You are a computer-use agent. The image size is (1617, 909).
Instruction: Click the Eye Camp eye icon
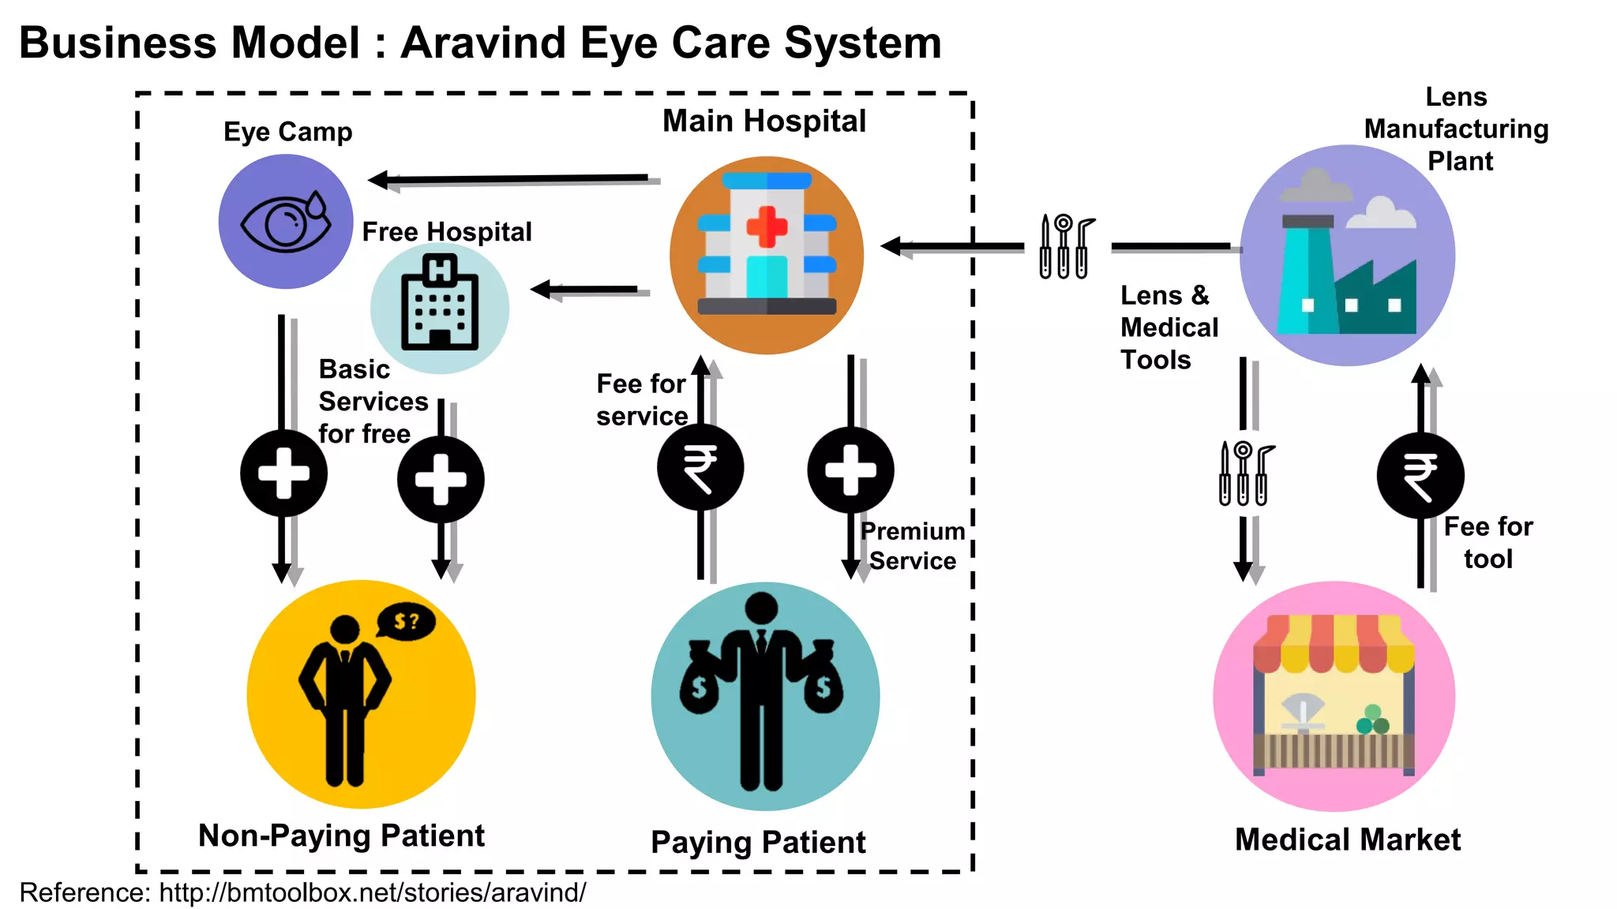click(x=286, y=222)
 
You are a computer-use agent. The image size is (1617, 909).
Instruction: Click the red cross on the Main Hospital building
click(x=767, y=227)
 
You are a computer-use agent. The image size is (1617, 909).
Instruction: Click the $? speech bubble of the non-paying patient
click(x=406, y=622)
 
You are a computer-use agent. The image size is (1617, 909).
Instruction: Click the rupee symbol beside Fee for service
click(x=700, y=468)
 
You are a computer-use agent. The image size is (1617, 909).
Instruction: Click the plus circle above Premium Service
click(x=850, y=470)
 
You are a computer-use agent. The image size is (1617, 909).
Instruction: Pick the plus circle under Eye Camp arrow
click(x=283, y=473)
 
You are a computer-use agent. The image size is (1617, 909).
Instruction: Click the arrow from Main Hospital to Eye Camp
click(x=513, y=180)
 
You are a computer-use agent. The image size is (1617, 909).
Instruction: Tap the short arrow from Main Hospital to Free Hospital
click(x=588, y=290)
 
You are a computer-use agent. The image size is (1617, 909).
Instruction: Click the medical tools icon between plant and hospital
click(x=1066, y=246)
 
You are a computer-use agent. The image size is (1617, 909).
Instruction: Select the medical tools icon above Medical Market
click(x=1245, y=473)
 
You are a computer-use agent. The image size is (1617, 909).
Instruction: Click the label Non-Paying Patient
click(x=341, y=836)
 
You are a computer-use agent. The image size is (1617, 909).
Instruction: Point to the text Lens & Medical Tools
click(x=1169, y=327)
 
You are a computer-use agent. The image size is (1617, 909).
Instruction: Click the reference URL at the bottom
click(x=372, y=892)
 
